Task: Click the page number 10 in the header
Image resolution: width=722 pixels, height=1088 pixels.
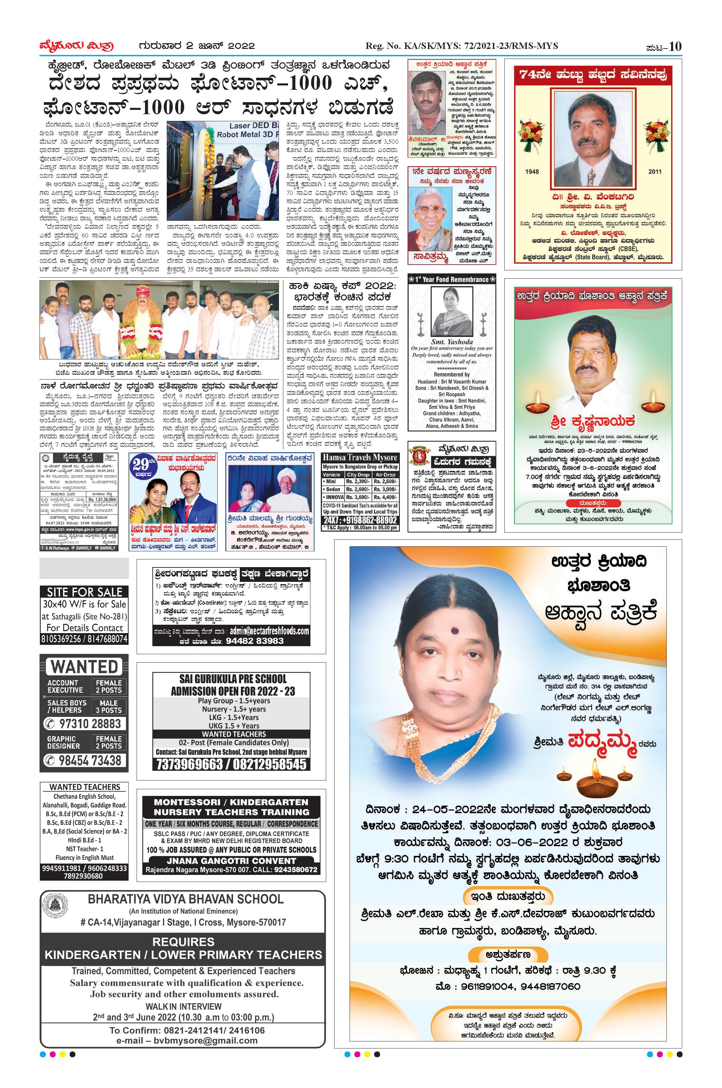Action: [675, 46]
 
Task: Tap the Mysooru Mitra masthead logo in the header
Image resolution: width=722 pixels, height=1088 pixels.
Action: [76, 46]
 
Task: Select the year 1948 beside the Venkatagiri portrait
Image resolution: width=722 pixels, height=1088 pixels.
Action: [532, 172]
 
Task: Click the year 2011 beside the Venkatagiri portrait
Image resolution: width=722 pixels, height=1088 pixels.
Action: [654, 172]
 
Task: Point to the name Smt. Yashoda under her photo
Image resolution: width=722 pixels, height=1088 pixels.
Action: [452, 342]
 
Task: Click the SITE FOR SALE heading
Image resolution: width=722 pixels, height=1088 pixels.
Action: [84, 592]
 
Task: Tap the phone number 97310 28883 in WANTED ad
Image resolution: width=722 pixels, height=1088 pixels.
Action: [90, 724]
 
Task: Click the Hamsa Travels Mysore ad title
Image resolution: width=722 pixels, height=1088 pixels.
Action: [360, 457]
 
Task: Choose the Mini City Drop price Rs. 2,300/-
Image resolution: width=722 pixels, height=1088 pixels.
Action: [357, 481]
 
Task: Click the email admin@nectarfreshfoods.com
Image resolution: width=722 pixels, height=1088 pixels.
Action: [269, 631]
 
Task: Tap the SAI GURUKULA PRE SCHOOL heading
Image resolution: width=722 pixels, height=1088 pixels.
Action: [233, 679]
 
